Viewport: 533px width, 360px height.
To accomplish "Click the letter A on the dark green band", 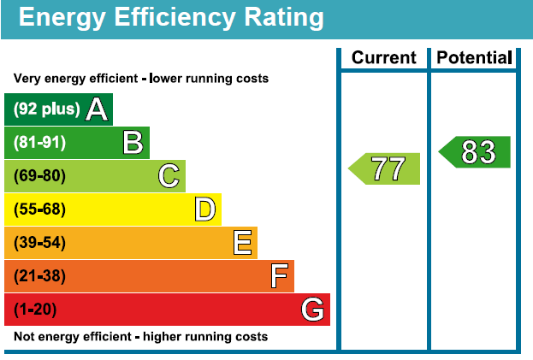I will pos(97,109).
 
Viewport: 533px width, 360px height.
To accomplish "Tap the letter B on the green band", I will pos(133,143).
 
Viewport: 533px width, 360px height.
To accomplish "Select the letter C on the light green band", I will pos(169,176).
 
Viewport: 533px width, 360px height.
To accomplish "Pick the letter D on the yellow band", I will pos(204,210).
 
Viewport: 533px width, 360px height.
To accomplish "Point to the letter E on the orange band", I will pos(243,243).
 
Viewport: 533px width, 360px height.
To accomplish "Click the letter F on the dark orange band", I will pos(279,276).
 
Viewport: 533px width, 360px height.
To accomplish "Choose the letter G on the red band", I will pos(313,310).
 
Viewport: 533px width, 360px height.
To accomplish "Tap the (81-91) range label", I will pos(39,143).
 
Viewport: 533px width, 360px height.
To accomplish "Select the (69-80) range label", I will pos(39,176).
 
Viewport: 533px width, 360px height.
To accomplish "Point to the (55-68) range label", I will pos(39,210).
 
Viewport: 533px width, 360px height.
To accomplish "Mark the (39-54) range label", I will pos(39,243).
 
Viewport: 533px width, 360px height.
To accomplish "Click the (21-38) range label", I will pos(39,276).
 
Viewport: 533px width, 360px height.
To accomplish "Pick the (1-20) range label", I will pos(35,310).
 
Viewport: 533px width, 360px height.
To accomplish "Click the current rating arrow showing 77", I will pos(386,168).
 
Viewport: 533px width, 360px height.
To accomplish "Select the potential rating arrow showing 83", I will pos(476,152).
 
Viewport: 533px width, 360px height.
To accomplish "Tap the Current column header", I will pos(384,58).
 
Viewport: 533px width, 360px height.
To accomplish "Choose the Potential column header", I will pos(474,58).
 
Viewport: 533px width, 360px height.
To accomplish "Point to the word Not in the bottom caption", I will pos(25,337).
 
